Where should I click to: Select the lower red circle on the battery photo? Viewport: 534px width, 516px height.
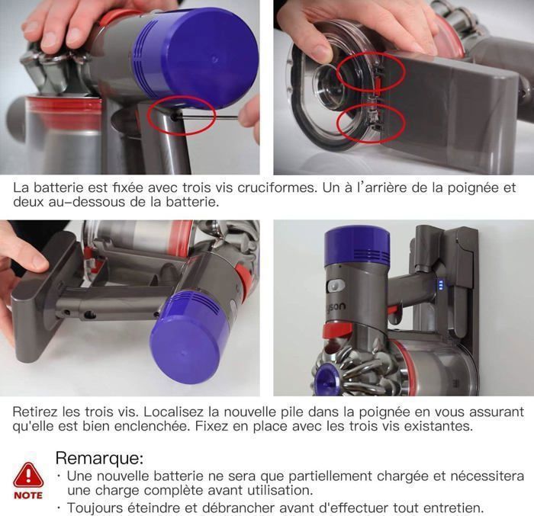pyautogui.click(x=371, y=121)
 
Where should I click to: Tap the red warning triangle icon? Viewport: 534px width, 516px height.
pyautogui.click(x=28, y=476)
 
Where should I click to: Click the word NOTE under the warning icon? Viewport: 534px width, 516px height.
pyautogui.click(x=28, y=495)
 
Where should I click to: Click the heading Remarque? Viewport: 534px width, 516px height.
pyautogui.click(x=99, y=458)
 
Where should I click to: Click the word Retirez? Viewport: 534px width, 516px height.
pyautogui.click(x=36, y=411)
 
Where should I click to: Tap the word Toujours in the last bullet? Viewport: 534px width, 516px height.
pyautogui.click(x=93, y=508)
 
